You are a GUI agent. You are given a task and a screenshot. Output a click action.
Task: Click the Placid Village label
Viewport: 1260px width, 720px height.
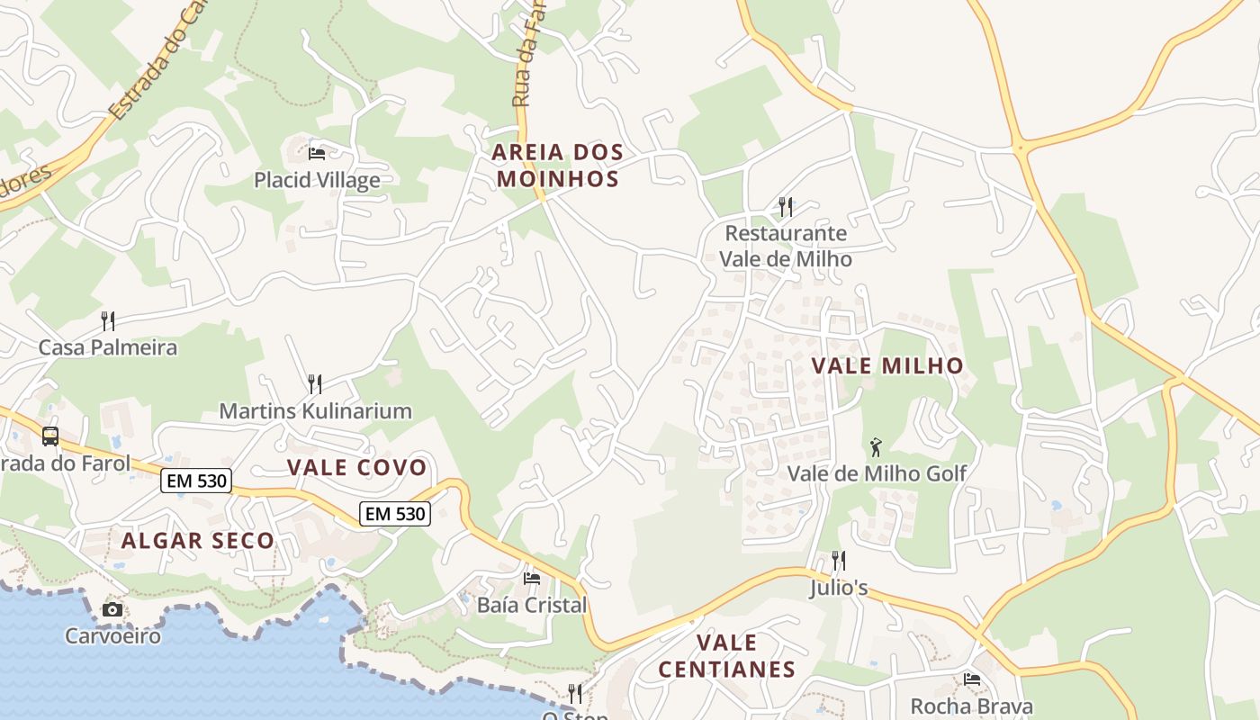(317, 180)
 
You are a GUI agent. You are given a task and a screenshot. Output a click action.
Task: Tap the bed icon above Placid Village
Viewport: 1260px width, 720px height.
(317, 153)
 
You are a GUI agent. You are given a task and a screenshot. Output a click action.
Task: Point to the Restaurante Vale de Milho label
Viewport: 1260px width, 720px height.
(786, 246)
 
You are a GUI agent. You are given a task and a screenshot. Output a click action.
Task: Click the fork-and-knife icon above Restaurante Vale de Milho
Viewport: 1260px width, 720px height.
(786, 207)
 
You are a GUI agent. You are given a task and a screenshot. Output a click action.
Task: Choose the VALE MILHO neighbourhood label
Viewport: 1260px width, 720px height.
(887, 365)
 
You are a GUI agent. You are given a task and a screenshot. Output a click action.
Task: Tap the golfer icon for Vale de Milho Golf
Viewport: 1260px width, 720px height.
(876, 446)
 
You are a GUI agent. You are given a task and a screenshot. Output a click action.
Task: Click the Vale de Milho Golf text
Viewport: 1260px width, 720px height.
(877, 473)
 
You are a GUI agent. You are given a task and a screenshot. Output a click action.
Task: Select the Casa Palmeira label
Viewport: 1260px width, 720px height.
(108, 347)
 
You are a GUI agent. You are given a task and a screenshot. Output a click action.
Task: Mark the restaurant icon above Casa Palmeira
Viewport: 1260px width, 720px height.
(108, 320)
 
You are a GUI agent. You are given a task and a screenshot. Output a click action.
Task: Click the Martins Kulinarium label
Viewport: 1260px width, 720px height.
(315, 411)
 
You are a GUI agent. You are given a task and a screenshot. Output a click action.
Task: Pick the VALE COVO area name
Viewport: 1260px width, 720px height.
(356, 467)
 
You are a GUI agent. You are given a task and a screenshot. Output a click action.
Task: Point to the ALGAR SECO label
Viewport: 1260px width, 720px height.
(198, 541)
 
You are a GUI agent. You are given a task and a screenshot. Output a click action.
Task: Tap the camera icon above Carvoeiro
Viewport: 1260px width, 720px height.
(112, 609)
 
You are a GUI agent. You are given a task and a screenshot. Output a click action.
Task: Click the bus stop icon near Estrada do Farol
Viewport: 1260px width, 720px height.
(50, 436)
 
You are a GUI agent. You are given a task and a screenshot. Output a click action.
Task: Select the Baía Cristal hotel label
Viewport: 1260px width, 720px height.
(532, 605)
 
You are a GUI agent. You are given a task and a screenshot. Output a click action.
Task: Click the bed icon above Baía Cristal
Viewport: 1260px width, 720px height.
(532, 578)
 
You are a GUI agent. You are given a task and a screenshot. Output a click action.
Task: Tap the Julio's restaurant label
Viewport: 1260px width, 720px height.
(838, 588)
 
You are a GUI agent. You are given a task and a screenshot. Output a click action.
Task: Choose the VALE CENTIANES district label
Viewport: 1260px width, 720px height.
(727, 656)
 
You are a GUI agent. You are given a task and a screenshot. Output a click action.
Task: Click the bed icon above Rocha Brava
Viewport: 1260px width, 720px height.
(972, 679)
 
